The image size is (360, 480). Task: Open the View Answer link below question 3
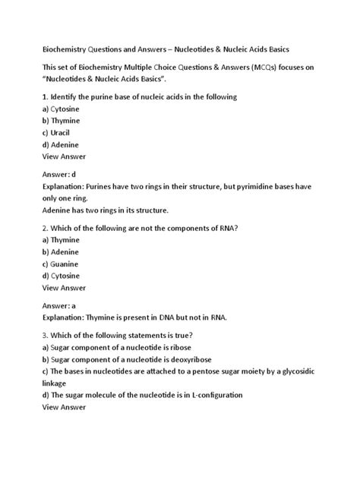pos(65,407)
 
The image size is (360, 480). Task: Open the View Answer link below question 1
pos(65,156)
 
